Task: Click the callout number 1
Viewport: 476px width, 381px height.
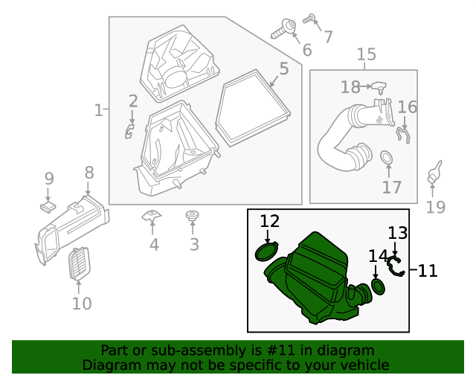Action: point(98,110)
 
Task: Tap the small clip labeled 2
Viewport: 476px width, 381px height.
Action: point(129,132)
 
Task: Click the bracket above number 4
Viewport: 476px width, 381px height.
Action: point(152,217)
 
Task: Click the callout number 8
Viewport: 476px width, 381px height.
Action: point(89,173)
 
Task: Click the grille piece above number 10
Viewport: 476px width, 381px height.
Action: point(78,264)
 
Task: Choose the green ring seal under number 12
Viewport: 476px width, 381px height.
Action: point(266,252)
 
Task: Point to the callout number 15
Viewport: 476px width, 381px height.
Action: point(366,54)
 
